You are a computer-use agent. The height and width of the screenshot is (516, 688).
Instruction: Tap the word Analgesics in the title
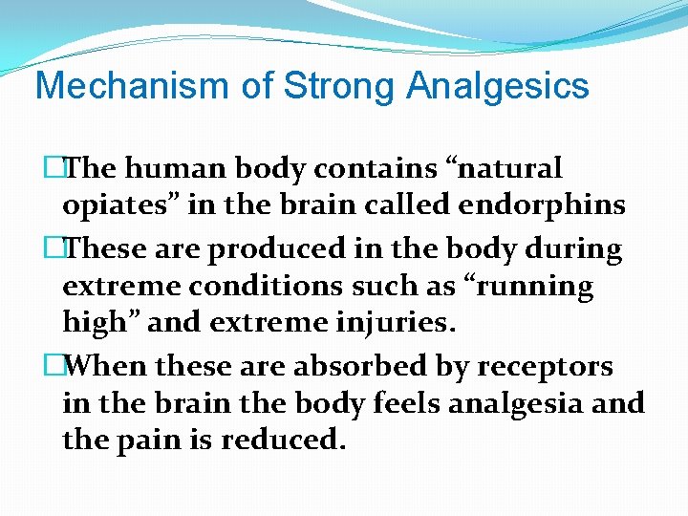coord(498,86)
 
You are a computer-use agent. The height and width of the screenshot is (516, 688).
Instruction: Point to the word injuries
coord(391,323)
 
